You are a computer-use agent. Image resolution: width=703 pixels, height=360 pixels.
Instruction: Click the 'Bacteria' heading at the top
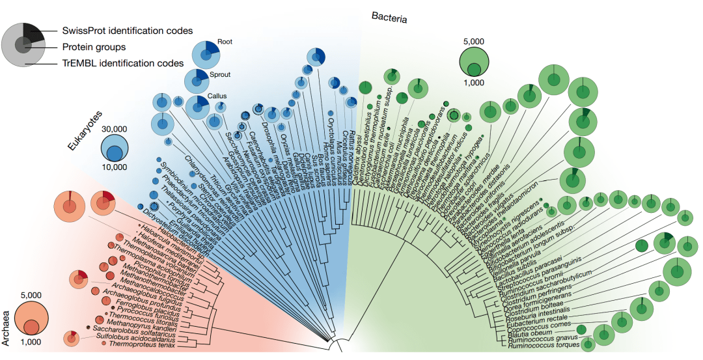point(389,18)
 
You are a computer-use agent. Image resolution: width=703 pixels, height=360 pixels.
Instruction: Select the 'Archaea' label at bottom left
point(8,329)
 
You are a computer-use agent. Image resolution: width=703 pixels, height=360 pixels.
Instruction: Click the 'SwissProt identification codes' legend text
point(128,31)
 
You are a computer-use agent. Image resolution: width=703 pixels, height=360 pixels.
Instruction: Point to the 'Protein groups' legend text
point(94,47)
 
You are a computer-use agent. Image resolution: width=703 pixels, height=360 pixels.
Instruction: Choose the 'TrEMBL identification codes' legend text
point(123,63)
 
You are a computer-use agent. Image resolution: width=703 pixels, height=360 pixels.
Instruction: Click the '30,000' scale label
point(114,128)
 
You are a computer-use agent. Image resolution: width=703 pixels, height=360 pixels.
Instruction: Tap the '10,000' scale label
point(114,167)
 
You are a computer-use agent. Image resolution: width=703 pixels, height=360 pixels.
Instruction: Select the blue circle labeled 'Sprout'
point(197,81)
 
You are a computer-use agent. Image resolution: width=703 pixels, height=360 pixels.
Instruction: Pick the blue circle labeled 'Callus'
point(197,105)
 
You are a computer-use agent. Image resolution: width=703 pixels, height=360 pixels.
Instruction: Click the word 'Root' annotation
point(225,42)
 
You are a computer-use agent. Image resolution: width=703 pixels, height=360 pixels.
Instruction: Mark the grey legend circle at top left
point(23,44)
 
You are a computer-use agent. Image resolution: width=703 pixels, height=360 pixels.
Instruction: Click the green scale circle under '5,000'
point(474,62)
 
